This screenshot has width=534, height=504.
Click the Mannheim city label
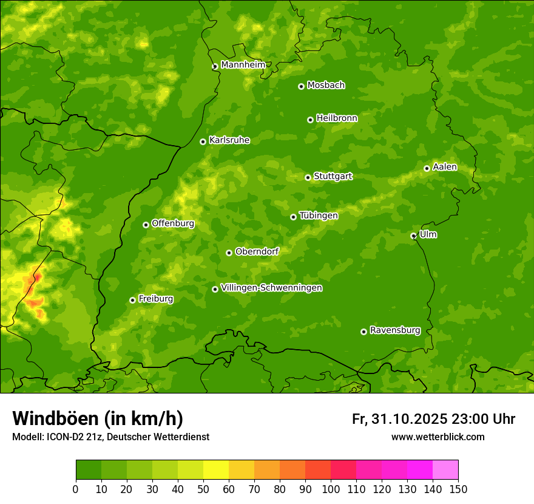[243, 65]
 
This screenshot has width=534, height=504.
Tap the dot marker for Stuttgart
[308, 177]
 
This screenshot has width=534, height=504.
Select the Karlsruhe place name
[229, 140]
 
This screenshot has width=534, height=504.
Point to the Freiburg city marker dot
[132, 300]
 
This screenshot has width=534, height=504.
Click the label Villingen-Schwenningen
[272, 288]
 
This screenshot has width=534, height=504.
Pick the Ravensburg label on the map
[395, 330]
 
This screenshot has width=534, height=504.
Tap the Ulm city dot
[413, 236]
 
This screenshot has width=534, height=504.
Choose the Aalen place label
[445, 167]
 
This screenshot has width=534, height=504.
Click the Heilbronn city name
[337, 118]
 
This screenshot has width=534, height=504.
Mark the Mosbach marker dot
[301, 86]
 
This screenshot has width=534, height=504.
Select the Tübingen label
[319, 216]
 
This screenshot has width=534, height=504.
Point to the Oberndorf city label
[257, 251]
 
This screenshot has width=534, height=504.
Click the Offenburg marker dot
[146, 225]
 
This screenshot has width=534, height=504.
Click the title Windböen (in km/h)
[97, 418]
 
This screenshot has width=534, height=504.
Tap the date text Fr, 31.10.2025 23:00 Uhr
[433, 419]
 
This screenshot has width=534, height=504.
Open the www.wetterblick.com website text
[438, 437]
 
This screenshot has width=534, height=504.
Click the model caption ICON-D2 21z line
[110, 437]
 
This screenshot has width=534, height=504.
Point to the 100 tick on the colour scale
[331, 489]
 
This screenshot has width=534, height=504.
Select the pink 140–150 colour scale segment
[445, 470]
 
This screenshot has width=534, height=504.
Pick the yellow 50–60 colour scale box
[216, 470]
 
